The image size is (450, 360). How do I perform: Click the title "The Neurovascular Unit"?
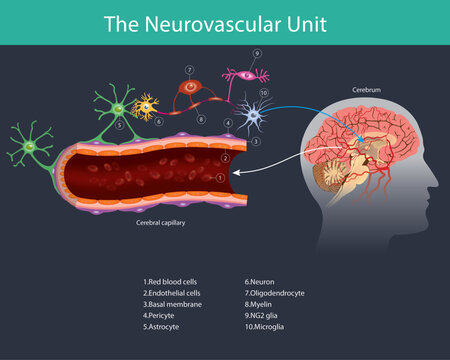click(x=225, y=21)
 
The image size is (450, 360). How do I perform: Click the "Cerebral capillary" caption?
click(x=159, y=224)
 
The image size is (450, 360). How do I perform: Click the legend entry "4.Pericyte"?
click(x=162, y=316)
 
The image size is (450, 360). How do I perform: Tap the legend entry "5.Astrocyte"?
click(x=164, y=327)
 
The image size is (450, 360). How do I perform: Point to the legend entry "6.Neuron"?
click(x=260, y=282)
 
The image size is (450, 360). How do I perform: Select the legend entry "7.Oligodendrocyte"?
click(x=275, y=293)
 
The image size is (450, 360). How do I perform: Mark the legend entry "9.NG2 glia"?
click(x=263, y=316)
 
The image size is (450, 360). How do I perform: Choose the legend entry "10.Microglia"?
click(x=266, y=327)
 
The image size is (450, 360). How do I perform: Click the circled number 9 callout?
click(x=257, y=53)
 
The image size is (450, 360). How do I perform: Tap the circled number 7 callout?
click(x=190, y=70)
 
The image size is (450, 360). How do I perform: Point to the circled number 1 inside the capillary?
click(x=220, y=176)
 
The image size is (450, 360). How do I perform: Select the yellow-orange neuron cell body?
click(x=147, y=104)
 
